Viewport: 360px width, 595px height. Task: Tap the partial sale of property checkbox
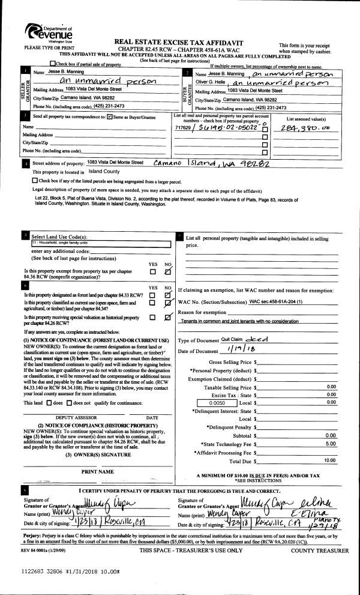tap(53, 64)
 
